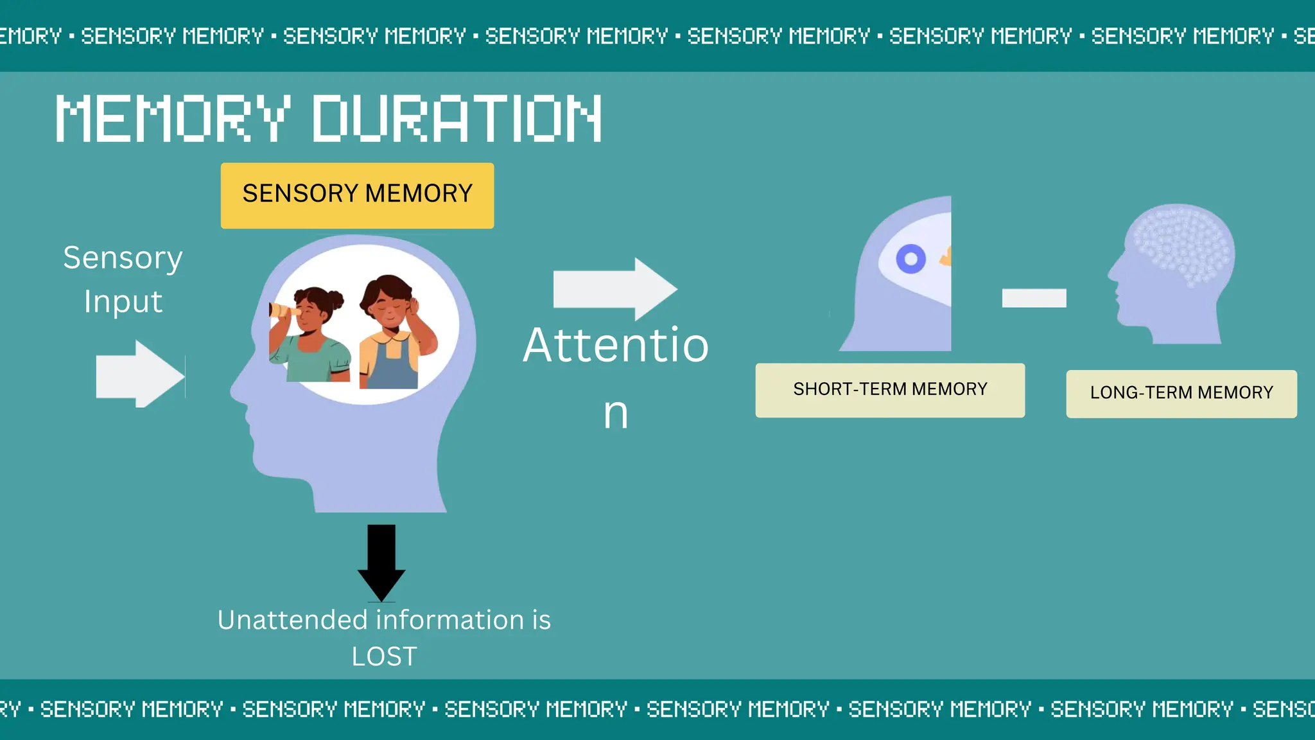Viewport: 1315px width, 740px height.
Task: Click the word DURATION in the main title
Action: pyautogui.click(x=457, y=118)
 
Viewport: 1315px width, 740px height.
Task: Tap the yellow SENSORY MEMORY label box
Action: pyautogui.click(x=357, y=195)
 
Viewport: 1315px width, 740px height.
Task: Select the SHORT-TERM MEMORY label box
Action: pyautogui.click(x=890, y=390)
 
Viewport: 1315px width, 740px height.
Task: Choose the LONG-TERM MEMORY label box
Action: pyautogui.click(x=1181, y=393)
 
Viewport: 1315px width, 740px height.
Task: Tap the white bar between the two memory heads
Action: pyautogui.click(x=1034, y=298)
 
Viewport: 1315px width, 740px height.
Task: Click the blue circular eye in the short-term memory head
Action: pyautogui.click(x=910, y=260)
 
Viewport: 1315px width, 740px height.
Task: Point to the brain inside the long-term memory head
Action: pyautogui.click(x=1181, y=244)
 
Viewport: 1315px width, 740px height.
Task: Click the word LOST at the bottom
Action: pyautogui.click(x=384, y=656)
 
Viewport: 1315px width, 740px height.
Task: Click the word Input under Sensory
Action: pyautogui.click(x=123, y=302)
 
